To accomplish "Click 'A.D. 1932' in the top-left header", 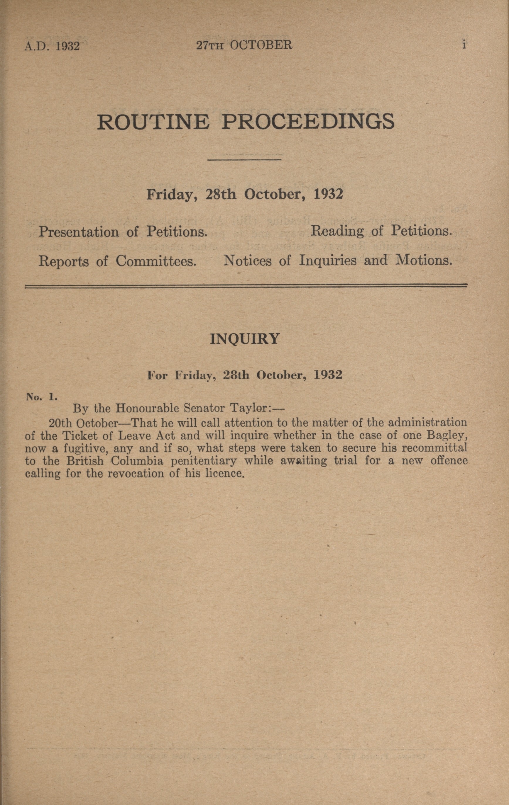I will [52, 46].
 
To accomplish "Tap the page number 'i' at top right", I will [464, 45].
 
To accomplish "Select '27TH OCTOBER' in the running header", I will [244, 45].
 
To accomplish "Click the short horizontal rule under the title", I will [244, 160].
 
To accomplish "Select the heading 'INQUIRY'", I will [244, 339].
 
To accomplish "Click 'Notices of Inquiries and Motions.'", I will [337, 260].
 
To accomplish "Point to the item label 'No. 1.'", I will [42, 397].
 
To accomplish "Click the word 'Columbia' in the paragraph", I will [137, 461].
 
